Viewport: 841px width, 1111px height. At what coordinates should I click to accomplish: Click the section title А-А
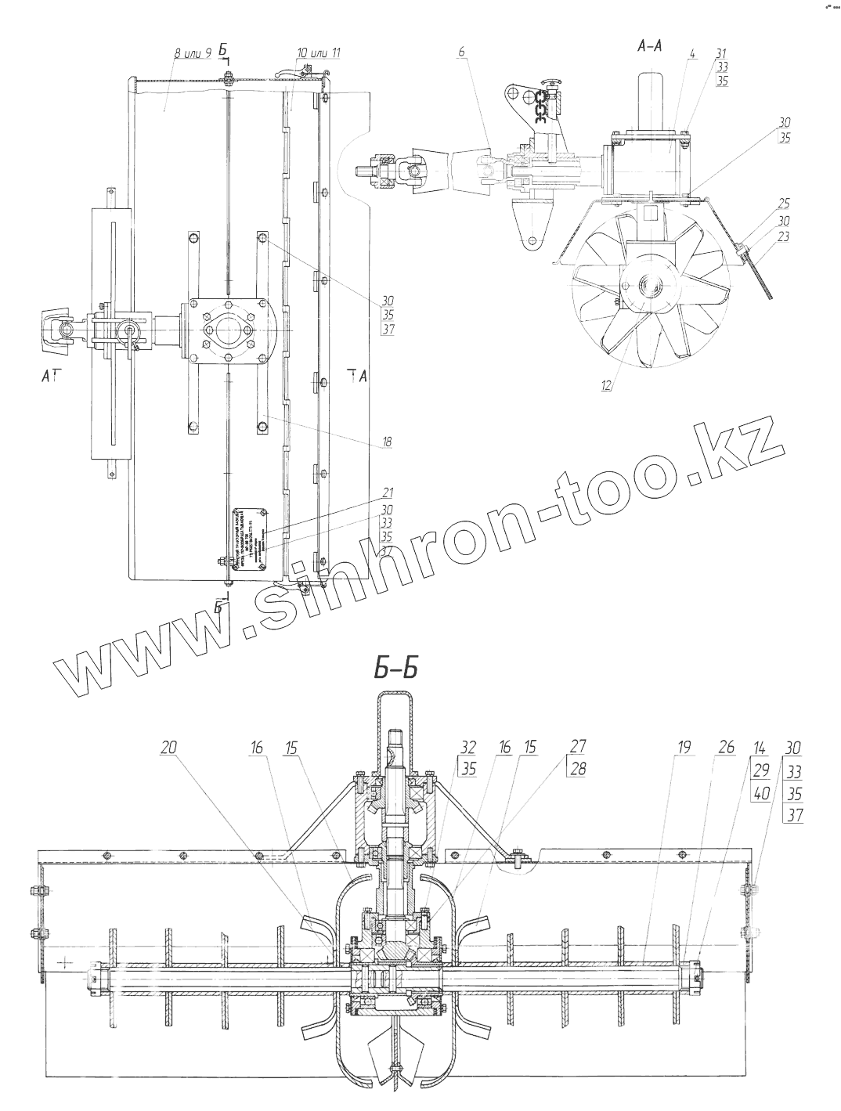[x=650, y=45]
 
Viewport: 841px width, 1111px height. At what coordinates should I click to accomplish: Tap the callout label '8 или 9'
[x=193, y=53]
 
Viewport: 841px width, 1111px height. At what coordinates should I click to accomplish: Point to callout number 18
[x=386, y=442]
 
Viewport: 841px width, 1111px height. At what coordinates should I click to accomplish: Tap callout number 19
[x=684, y=747]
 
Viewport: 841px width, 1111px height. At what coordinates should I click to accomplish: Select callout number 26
[x=725, y=747]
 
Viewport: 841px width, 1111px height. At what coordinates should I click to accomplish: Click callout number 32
[x=469, y=747]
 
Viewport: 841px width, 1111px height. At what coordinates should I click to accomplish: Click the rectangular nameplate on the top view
[x=250, y=543]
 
